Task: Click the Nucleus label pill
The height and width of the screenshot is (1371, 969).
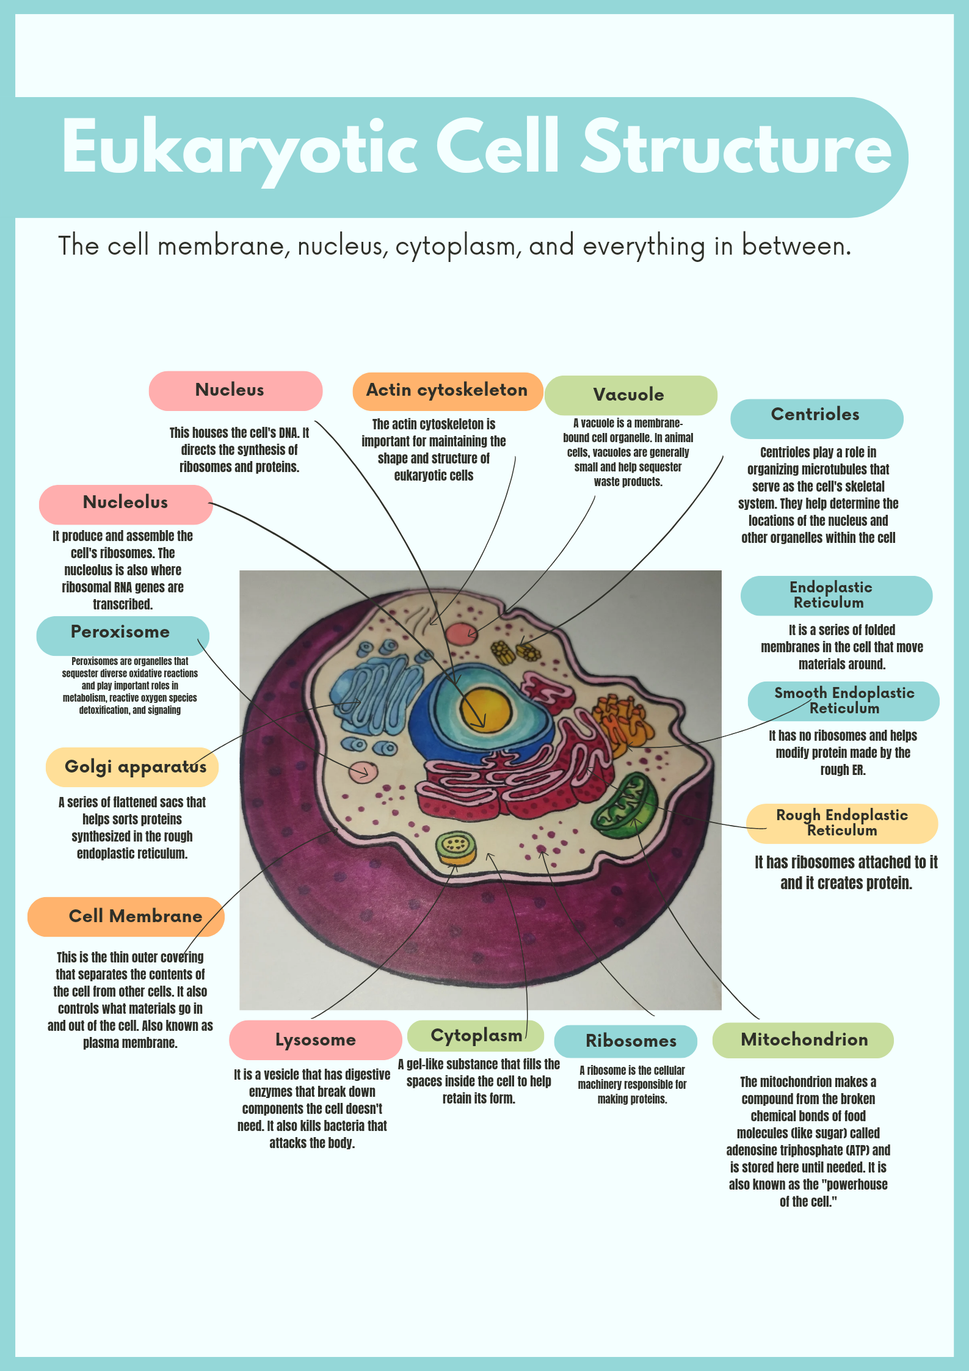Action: tap(236, 391)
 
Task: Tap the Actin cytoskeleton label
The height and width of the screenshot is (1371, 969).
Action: tap(448, 391)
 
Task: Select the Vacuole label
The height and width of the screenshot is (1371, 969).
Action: tap(631, 395)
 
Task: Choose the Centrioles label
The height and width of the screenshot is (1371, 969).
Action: tap(816, 419)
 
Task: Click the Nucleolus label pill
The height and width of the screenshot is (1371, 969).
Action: tap(126, 504)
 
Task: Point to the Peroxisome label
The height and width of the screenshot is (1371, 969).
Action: tap(123, 635)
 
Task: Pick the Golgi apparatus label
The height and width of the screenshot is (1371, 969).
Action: tap(132, 767)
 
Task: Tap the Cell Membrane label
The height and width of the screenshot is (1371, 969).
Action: tap(126, 917)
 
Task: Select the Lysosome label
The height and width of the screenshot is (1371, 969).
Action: tap(316, 1040)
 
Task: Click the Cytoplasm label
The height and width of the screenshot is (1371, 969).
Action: tap(476, 1036)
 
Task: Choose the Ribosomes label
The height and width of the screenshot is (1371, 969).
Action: tap(626, 1041)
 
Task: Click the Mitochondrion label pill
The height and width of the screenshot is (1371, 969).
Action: tap(803, 1040)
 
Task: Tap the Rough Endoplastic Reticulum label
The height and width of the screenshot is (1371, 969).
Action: tap(842, 823)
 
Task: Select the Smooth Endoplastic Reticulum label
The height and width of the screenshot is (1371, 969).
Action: tap(844, 701)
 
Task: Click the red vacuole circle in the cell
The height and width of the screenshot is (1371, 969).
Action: tap(462, 635)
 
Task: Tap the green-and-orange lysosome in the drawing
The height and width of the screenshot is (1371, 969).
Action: tap(456, 849)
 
